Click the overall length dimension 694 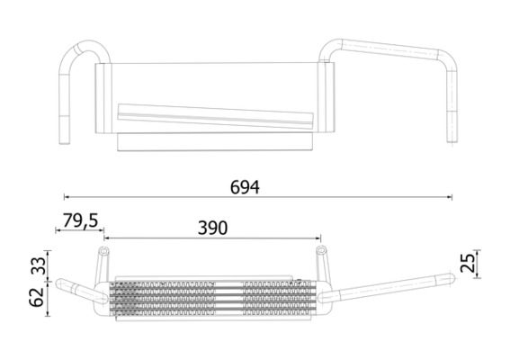click(244, 187)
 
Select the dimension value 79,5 click(81, 220)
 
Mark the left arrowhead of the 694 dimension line click(66, 196)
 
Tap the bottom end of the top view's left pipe click(65, 141)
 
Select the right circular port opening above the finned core click(320, 250)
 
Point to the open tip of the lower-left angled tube click(60, 287)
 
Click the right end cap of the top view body click(329, 97)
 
